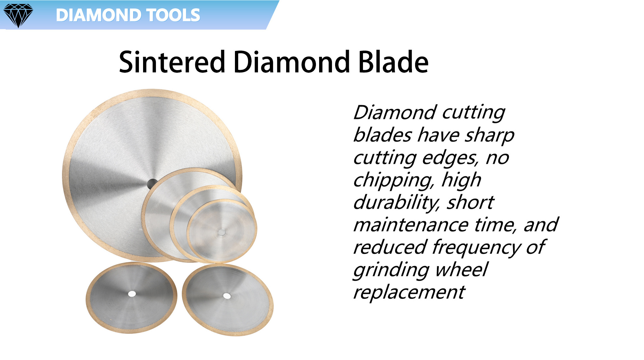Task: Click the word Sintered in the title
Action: click(x=172, y=62)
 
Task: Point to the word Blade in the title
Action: click(x=393, y=62)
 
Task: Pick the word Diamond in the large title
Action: click(x=292, y=62)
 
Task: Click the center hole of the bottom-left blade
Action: click(x=132, y=294)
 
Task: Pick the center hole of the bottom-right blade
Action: click(x=227, y=296)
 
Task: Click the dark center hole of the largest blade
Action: click(x=152, y=184)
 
